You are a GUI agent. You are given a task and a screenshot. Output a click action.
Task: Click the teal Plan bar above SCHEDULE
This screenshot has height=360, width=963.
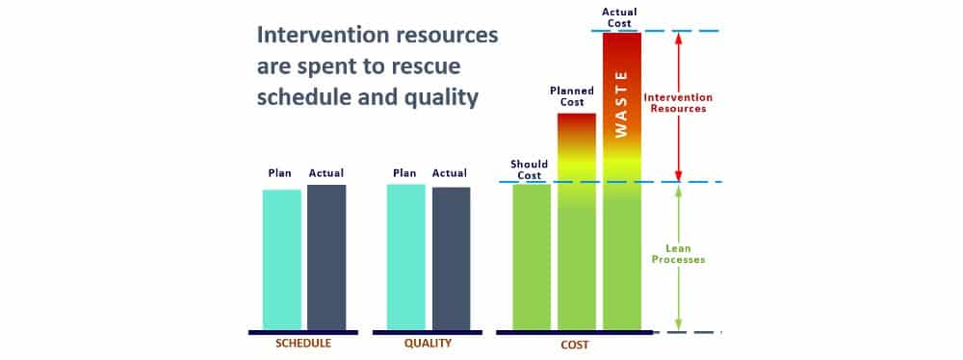pyautogui.click(x=282, y=260)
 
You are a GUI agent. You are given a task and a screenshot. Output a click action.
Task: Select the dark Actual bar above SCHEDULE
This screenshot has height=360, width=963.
pyautogui.click(x=326, y=257)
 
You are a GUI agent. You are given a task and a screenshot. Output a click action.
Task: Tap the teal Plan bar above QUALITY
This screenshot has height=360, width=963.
pyautogui.click(x=406, y=257)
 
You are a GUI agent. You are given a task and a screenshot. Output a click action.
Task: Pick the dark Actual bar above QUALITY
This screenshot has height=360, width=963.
pyautogui.click(x=452, y=259)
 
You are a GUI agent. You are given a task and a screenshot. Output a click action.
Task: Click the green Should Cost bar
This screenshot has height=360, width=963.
pyautogui.click(x=532, y=257)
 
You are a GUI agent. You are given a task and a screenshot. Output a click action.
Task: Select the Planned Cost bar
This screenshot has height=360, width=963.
pyautogui.click(x=577, y=221)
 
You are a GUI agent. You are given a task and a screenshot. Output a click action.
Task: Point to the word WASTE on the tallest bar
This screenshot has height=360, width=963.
pyautogui.click(x=621, y=104)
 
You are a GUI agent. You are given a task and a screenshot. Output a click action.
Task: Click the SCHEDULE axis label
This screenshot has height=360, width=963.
pyautogui.click(x=303, y=344)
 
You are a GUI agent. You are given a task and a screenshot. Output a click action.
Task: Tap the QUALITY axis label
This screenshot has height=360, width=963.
pyautogui.click(x=428, y=344)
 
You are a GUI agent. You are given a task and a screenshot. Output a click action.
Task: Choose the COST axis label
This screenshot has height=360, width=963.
pyautogui.click(x=575, y=345)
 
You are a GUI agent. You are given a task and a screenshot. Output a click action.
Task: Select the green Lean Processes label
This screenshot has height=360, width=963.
pyautogui.click(x=679, y=254)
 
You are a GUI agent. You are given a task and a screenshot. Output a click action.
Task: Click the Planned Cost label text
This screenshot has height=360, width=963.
pyautogui.click(x=572, y=96)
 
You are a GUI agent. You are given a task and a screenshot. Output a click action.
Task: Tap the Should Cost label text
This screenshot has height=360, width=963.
pyautogui.click(x=530, y=169)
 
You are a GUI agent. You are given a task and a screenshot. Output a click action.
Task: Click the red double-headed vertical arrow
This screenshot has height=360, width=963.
pyautogui.click(x=679, y=106)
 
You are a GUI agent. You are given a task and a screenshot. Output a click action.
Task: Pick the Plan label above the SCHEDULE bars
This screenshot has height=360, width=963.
pyautogui.click(x=280, y=173)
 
